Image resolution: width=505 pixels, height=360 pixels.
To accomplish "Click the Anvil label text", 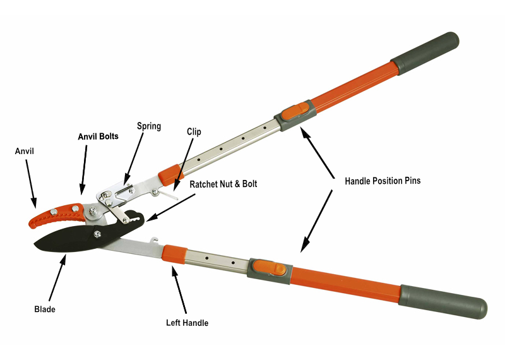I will coord(26,151).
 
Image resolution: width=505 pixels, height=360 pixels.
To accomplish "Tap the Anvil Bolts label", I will coord(98,136).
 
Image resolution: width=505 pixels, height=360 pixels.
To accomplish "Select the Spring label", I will coord(149,126).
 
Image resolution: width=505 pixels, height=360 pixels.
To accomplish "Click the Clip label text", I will coord(194,132).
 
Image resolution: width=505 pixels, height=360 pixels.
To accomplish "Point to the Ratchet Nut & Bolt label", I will coord(224,184).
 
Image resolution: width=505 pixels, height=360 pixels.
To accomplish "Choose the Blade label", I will coord(45,309).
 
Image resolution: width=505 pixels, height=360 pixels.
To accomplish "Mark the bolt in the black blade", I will coord(97,234).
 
